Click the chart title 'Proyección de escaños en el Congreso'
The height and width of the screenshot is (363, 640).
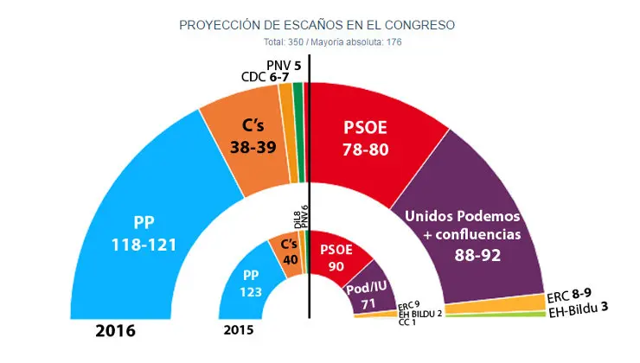pos(317,25)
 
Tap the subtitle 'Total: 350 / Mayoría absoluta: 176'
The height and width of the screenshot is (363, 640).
pos(317,41)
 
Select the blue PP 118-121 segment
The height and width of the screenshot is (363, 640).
pos(138,229)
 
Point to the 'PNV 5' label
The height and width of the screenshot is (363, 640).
pos(284,65)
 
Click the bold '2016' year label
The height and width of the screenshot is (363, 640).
pos(116,331)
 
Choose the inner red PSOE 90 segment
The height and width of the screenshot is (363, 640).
pos(337,255)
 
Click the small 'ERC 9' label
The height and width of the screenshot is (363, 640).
pos(408,304)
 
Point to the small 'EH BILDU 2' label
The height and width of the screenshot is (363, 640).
pos(420,313)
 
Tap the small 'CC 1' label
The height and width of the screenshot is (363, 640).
pos(406,322)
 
